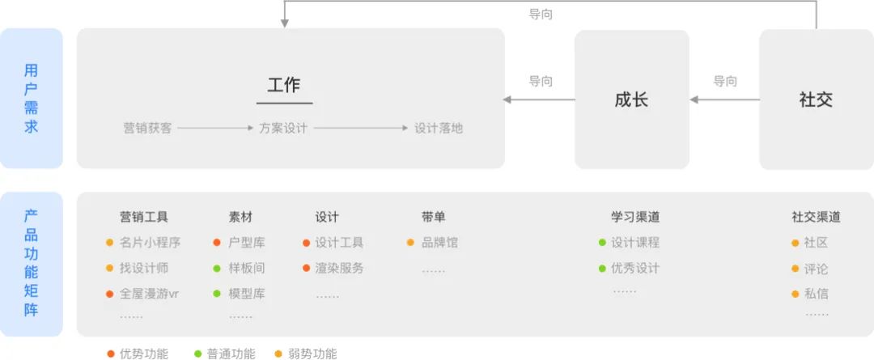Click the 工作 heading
(284, 84)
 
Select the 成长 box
(631, 100)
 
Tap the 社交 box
(816, 100)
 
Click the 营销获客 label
(147, 128)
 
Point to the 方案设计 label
(283, 128)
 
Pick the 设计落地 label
(439, 128)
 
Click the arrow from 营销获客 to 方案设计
(215, 128)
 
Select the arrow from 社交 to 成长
(725, 100)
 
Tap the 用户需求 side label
(31, 99)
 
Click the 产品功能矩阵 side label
(31, 263)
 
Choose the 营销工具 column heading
(144, 217)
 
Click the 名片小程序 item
(150, 242)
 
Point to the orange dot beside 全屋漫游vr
(109, 294)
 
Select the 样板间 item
(247, 268)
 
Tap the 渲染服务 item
(339, 268)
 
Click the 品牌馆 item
(439, 242)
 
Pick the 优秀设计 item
(635, 268)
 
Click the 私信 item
(816, 294)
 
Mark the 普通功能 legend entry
(231, 354)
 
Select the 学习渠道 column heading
(635, 217)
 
